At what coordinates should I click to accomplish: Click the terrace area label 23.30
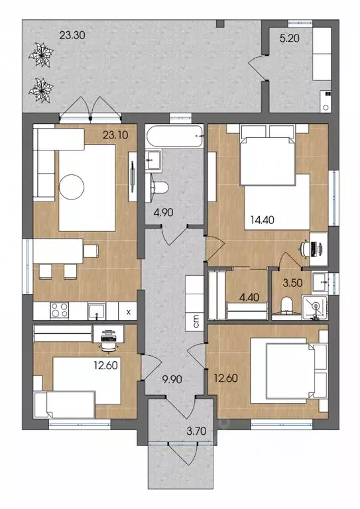pos(72,34)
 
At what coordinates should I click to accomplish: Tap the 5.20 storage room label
pos(289,38)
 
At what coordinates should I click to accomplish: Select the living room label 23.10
pos(115,135)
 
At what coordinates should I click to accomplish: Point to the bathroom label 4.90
pos(163,213)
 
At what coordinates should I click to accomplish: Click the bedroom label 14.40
pos(262,220)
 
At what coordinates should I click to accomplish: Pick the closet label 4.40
pos(249,297)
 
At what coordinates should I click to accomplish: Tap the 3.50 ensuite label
pos(292,283)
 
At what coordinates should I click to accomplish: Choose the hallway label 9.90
pos(172,379)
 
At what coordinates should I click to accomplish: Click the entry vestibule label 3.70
pos(196,431)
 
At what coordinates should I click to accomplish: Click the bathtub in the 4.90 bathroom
pos(174,137)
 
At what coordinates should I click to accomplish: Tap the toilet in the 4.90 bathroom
pos(160,188)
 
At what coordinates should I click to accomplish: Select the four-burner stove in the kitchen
pos(60,310)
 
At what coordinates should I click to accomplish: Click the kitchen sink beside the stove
pos(97,311)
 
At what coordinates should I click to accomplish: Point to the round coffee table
pos(72,187)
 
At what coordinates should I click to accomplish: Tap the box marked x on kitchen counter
pos(128,312)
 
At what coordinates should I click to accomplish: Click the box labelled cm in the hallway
pos(195,322)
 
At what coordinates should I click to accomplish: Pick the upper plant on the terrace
pos(41,55)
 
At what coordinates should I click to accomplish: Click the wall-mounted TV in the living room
pos(133,176)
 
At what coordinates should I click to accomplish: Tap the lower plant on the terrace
pos(41,91)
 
